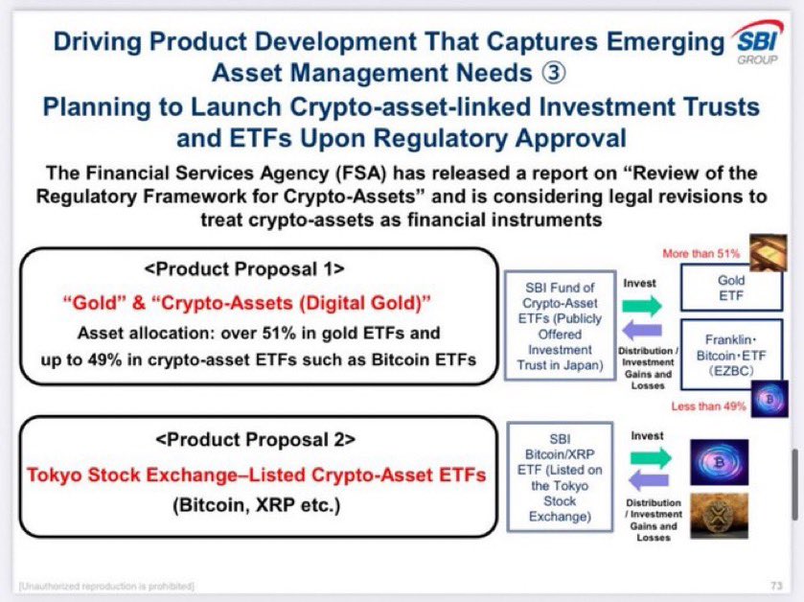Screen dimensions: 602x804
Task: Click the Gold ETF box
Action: click(731, 289)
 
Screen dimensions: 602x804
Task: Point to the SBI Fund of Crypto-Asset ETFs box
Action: click(561, 325)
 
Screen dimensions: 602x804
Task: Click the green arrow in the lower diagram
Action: click(652, 459)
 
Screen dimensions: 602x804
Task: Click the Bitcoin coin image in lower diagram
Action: click(719, 462)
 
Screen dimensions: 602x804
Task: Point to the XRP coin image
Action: click(719, 515)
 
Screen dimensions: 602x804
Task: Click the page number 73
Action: click(776, 584)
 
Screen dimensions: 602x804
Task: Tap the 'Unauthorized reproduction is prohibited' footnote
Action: click(105, 585)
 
